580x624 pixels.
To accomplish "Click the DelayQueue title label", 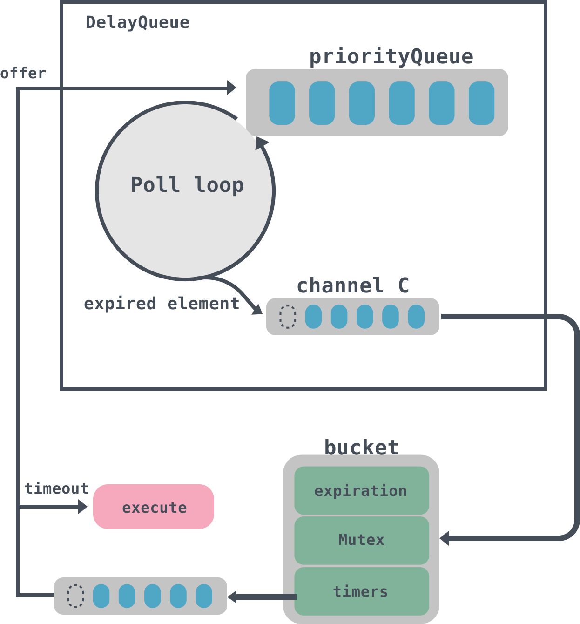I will pos(137,22).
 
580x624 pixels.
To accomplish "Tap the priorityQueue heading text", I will pos(391,57).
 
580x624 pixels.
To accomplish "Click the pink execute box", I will pos(154,507).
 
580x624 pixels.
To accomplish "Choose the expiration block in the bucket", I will pos(361,491).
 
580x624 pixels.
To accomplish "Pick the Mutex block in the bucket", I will pos(361,540).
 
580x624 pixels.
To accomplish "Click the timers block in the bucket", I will pos(361,591).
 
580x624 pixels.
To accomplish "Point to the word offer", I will pos(23,73).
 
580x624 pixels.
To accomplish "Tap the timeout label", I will pos(56,488).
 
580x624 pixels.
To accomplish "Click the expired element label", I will pos(161,304).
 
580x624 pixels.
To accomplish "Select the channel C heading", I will pos(353,285).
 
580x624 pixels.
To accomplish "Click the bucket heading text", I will pos(361,447).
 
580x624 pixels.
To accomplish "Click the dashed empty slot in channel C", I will pos(288,317).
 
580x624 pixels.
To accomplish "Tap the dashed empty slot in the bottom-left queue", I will pos(75,596).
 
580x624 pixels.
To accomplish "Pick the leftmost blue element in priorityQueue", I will pos(282,103).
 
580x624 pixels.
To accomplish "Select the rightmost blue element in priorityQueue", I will pos(481,103).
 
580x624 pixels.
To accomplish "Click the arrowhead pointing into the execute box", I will pos(83,506).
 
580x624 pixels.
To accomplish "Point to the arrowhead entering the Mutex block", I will pos(445,538).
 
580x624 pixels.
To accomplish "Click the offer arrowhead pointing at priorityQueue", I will pos(231,88).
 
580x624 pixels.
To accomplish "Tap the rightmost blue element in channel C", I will pos(416,317).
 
